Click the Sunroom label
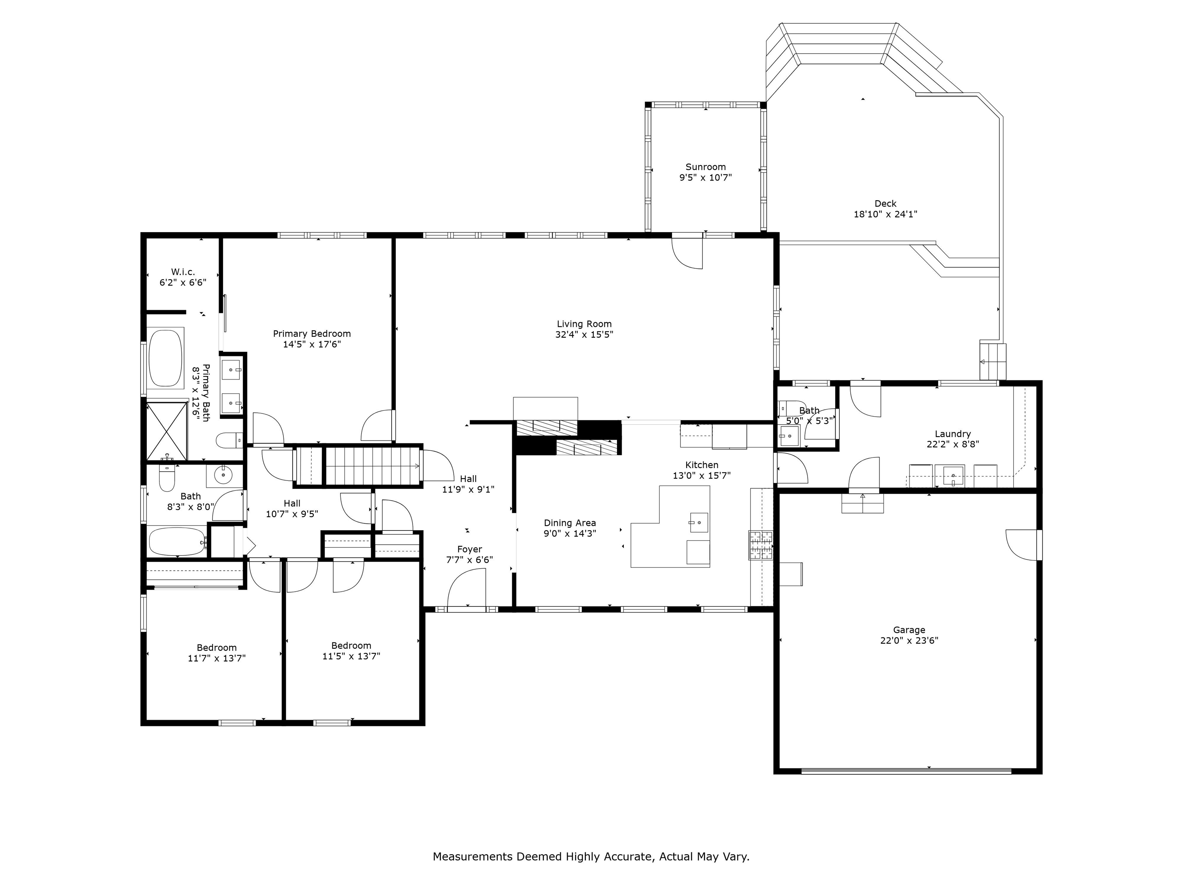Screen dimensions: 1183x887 pos(705,167)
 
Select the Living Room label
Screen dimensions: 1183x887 pos(584,324)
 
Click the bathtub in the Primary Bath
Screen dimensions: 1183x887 pos(166,358)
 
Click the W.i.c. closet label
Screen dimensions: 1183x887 pos(183,272)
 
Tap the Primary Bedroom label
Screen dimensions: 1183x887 pos(312,334)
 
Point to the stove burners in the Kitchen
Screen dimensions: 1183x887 pos(761,546)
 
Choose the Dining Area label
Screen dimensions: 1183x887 pos(570,523)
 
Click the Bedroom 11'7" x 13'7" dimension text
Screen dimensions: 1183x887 pos(216,659)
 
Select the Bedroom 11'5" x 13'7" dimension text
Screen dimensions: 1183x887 pos(351,656)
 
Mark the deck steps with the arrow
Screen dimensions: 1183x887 pos(993,361)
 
